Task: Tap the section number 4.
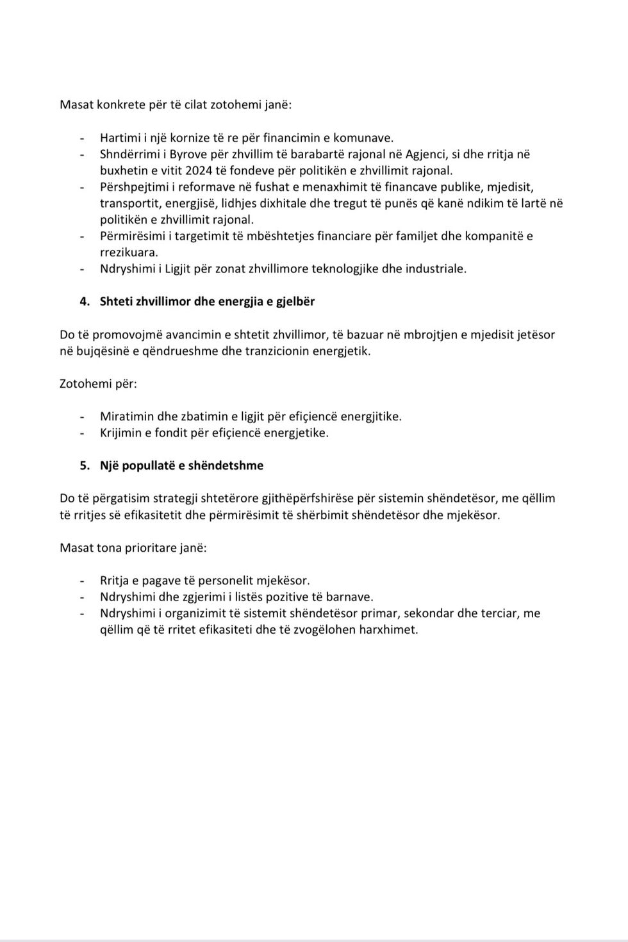coord(84,301)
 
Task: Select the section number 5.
coord(84,466)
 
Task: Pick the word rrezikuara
coord(129,252)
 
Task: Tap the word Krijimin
coord(122,433)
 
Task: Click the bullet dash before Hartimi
coord(82,138)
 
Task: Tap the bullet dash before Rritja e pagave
coord(82,581)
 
